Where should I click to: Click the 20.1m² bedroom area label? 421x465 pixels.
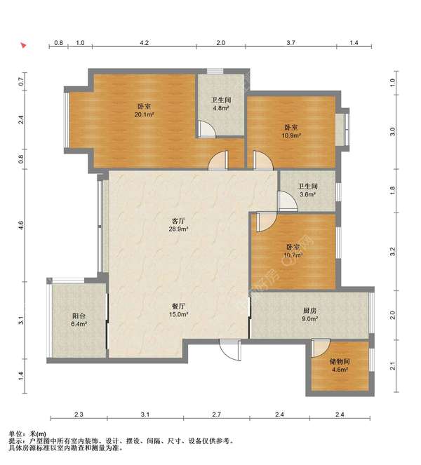144,110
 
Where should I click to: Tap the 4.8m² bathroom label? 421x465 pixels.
221,104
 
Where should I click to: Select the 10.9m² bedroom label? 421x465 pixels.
291,131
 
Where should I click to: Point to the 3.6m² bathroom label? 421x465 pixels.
307,190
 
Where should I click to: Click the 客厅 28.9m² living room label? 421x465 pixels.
179,225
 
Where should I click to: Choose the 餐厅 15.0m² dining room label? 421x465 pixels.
179,310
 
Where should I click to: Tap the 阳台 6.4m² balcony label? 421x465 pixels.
79,320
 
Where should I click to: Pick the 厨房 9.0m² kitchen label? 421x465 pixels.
309,315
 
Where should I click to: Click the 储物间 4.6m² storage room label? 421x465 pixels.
340,365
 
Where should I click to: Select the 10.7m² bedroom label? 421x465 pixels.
293,251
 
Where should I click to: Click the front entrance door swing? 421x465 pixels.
231,350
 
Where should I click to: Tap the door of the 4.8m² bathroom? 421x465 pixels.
207,129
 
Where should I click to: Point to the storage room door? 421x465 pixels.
321,348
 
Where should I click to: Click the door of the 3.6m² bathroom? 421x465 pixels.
288,201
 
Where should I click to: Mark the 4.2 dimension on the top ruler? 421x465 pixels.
144,43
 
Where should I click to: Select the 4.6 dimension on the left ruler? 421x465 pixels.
20,225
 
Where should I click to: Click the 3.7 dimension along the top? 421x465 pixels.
290,43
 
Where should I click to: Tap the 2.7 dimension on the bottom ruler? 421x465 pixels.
216,415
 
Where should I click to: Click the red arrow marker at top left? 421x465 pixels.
23,46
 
